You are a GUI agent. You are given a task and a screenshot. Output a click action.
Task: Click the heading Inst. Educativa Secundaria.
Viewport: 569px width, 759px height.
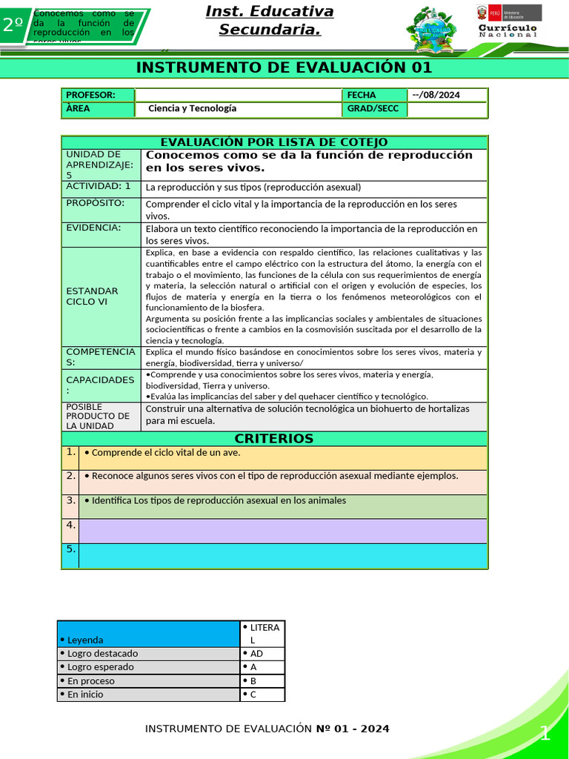tap(269, 21)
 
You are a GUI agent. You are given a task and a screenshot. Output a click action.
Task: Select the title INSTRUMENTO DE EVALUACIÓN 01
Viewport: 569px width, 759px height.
tap(284, 68)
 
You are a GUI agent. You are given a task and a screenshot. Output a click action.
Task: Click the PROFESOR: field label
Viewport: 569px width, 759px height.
tap(90, 95)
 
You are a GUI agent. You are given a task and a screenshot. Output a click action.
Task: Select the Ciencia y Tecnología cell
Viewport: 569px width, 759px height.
tap(193, 109)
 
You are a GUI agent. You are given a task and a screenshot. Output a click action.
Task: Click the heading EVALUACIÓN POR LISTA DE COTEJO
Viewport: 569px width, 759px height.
tap(274, 142)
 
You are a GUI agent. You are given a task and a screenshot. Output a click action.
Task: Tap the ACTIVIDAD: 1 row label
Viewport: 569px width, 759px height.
tap(99, 186)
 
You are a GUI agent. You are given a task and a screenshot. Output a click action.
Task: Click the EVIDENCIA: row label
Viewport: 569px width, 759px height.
tap(94, 228)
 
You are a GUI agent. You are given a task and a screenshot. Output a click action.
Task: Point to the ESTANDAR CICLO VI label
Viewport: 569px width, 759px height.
tap(92, 296)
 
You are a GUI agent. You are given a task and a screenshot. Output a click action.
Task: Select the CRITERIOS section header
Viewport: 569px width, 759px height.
tap(274, 438)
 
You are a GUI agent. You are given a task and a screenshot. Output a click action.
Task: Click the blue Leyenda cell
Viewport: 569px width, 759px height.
tap(148, 634)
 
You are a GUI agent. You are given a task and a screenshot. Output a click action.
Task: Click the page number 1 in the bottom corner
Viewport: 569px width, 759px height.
tap(545, 734)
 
